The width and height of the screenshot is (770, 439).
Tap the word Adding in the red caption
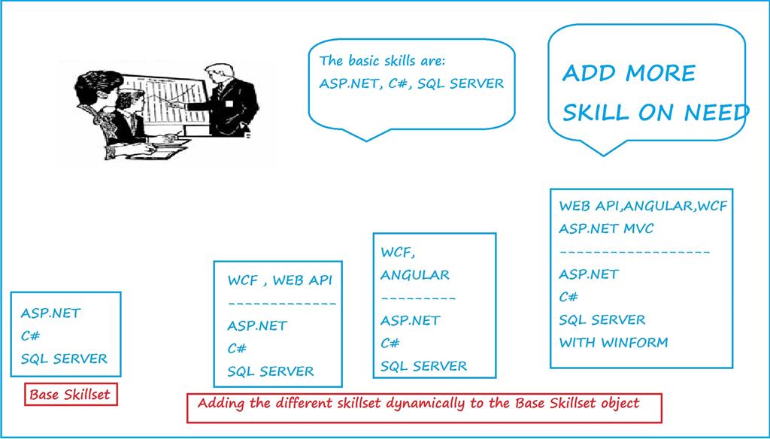point(222,404)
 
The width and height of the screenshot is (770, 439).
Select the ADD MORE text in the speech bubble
point(629,74)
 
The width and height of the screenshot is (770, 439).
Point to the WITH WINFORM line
point(613,343)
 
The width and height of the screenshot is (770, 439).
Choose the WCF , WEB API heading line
point(279,280)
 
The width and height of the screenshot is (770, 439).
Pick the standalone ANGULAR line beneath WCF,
point(414,274)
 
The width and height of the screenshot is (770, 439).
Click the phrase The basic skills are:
point(387,61)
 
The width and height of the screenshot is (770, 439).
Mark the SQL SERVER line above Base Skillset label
point(64,359)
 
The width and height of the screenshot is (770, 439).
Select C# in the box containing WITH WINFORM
point(568,297)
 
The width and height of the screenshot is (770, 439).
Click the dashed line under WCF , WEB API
point(281,304)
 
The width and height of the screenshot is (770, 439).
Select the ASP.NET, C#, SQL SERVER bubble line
point(411,83)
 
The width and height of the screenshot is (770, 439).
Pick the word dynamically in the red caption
point(425,404)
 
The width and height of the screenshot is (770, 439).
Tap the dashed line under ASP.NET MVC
point(635,252)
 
